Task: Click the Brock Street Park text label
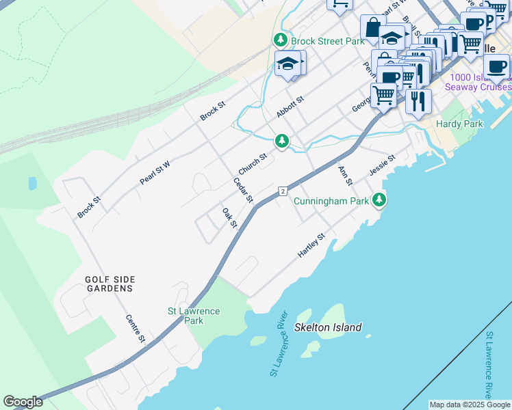coord(327,41)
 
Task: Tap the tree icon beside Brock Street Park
coord(280,41)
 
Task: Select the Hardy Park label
coord(460,124)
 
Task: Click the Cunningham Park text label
coord(331,201)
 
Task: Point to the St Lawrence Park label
coord(194,316)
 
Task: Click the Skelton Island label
coord(328,327)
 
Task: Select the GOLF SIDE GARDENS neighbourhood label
coord(110,284)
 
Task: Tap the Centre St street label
coord(136,329)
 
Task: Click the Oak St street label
coord(229,218)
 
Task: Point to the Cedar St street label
coord(243,191)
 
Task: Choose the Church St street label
coord(252,163)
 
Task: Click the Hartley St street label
coord(311,245)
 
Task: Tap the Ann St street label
coord(344,175)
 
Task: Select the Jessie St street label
coord(382,164)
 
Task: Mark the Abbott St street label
coord(290,106)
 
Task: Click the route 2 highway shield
coord(282,191)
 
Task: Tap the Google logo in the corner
coord(23,402)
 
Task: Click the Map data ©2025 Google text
coord(470,405)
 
